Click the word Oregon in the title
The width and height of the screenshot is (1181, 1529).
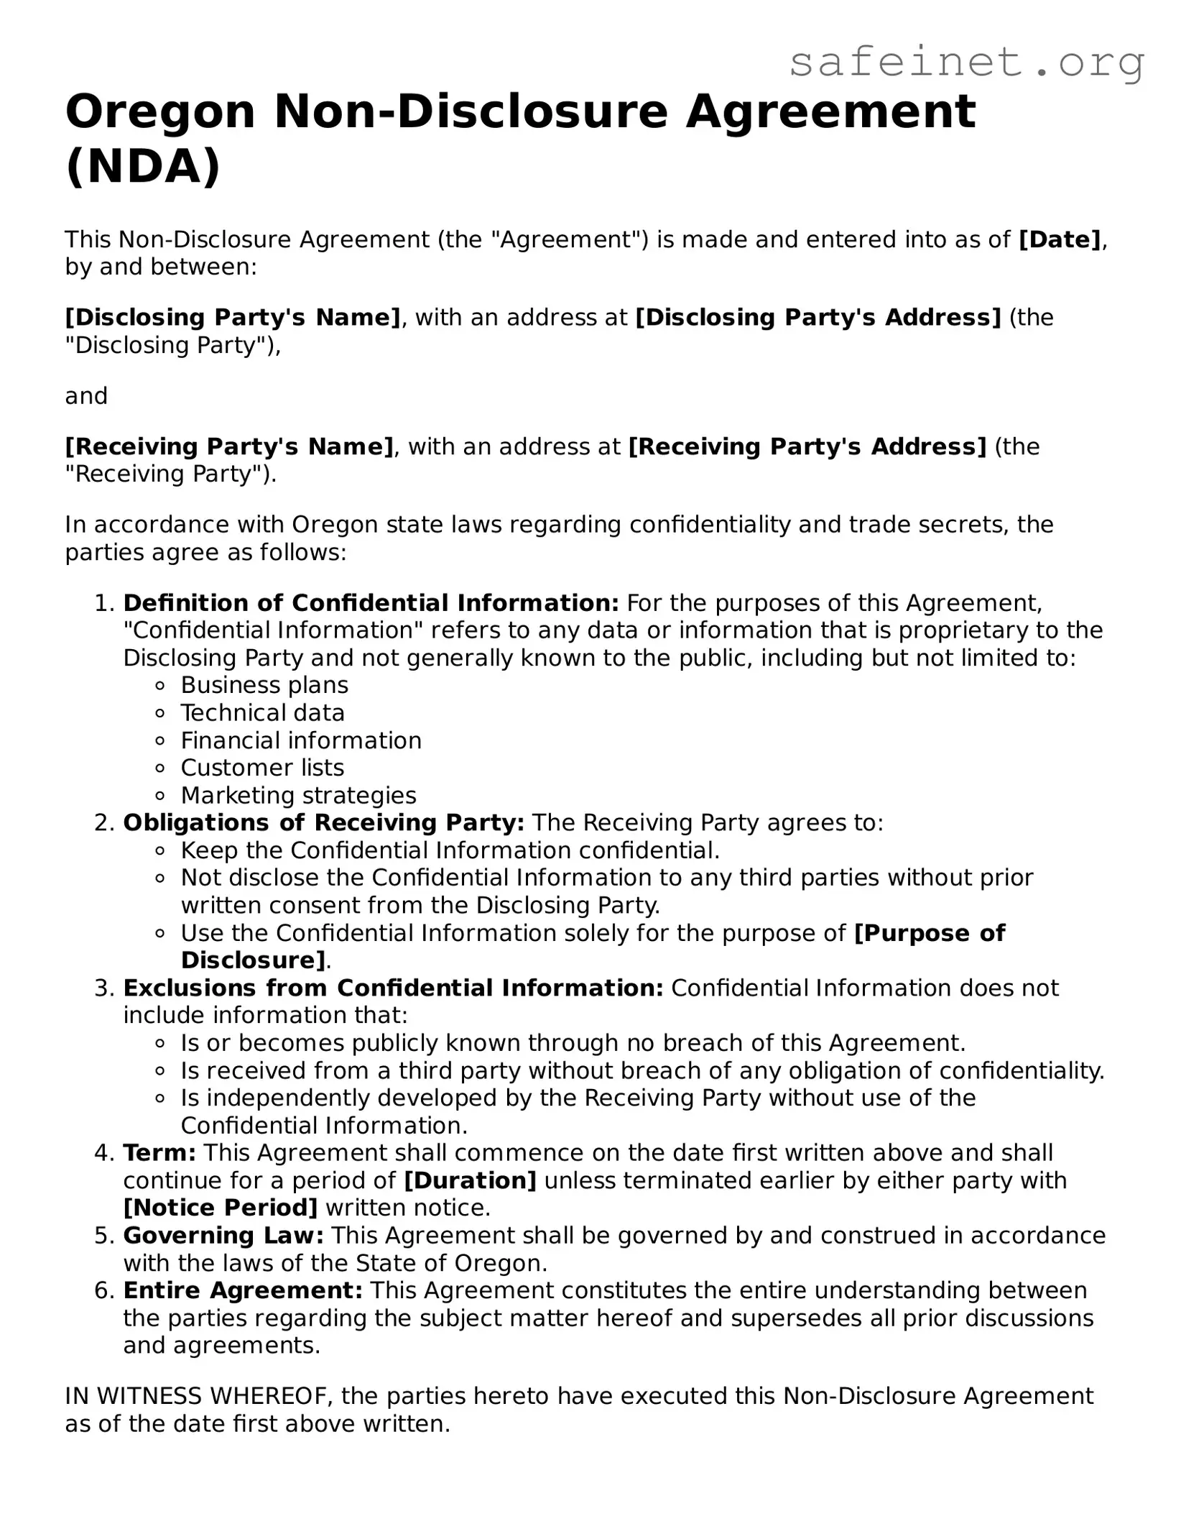tap(160, 112)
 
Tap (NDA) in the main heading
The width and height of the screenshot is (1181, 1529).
tap(143, 167)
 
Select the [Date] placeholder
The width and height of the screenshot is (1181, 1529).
tap(1060, 239)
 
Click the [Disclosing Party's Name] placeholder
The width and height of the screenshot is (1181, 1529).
tap(233, 317)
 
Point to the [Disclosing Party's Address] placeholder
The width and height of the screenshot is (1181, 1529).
tap(818, 317)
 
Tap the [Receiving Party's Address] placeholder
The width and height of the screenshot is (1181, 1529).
tap(807, 446)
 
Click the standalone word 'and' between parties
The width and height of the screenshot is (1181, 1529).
tap(86, 396)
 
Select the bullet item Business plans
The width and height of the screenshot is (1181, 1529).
tap(264, 685)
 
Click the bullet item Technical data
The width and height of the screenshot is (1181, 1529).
tap(263, 712)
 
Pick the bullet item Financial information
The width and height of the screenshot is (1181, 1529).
tap(301, 740)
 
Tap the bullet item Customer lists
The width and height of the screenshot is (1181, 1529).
tap(262, 768)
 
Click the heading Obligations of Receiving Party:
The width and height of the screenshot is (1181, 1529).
tap(324, 822)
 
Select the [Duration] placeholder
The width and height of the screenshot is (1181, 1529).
tap(471, 1180)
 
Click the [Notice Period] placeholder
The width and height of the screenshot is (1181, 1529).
tap(221, 1208)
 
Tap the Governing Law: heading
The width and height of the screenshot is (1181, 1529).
tap(223, 1236)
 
